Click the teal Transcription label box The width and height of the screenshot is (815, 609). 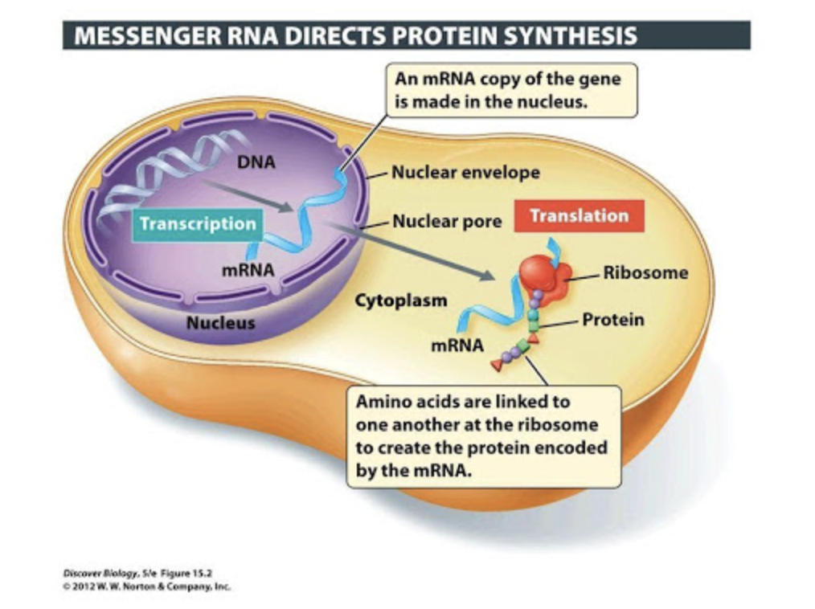click(x=198, y=224)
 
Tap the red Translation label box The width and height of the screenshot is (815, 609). click(x=579, y=215)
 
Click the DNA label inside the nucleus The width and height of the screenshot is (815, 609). click(x=256, y=162)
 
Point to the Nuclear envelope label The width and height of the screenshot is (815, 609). click(x=465, y=173)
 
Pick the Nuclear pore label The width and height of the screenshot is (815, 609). click(x=447, y=222)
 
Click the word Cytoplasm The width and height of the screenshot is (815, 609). click(x=401, y=300)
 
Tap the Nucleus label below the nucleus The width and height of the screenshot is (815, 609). click(x=221, y=323)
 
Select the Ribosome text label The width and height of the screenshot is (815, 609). click(x=645, y=273)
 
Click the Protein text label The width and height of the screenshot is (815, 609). click(x=612, y=320)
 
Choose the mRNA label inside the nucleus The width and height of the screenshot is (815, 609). click(x=248, y=270)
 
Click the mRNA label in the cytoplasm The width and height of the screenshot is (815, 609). click(x=457, y=345)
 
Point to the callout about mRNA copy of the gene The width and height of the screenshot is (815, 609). click(x=511, y=90)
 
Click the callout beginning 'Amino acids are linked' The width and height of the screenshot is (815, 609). click(x=484, y=436)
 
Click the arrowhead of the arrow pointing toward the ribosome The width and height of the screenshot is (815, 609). click(x=488, y=275)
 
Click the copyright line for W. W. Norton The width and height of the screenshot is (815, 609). click(x=146, y=587)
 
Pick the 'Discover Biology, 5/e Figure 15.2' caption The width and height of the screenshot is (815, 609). click(x=137, y=574)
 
